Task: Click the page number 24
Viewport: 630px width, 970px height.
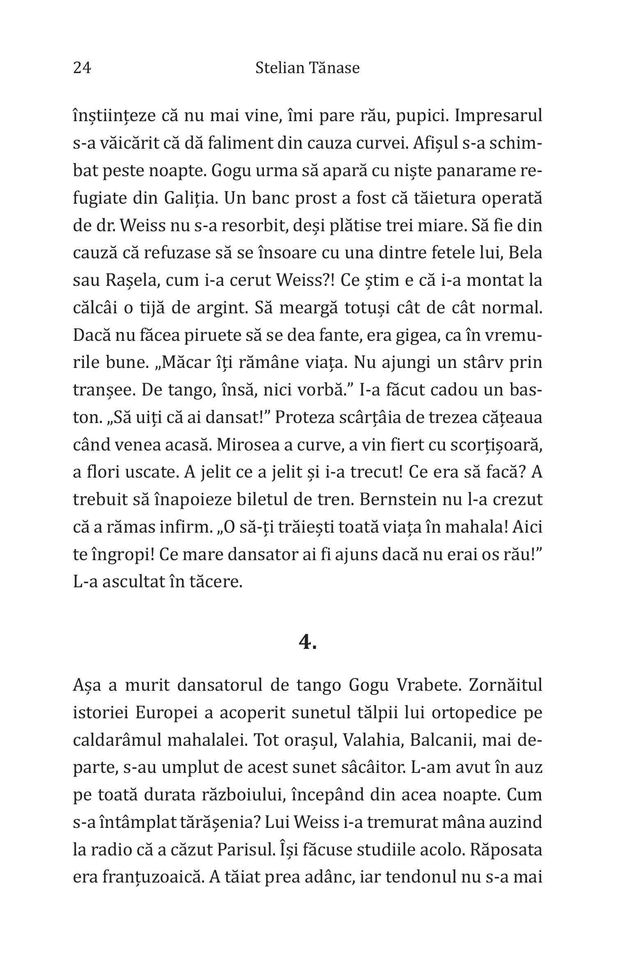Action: (x=82, y=68)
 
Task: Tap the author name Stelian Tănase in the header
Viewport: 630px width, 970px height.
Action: (x=307, y=68)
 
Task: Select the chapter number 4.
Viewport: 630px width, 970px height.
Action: (x=307, y=641)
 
